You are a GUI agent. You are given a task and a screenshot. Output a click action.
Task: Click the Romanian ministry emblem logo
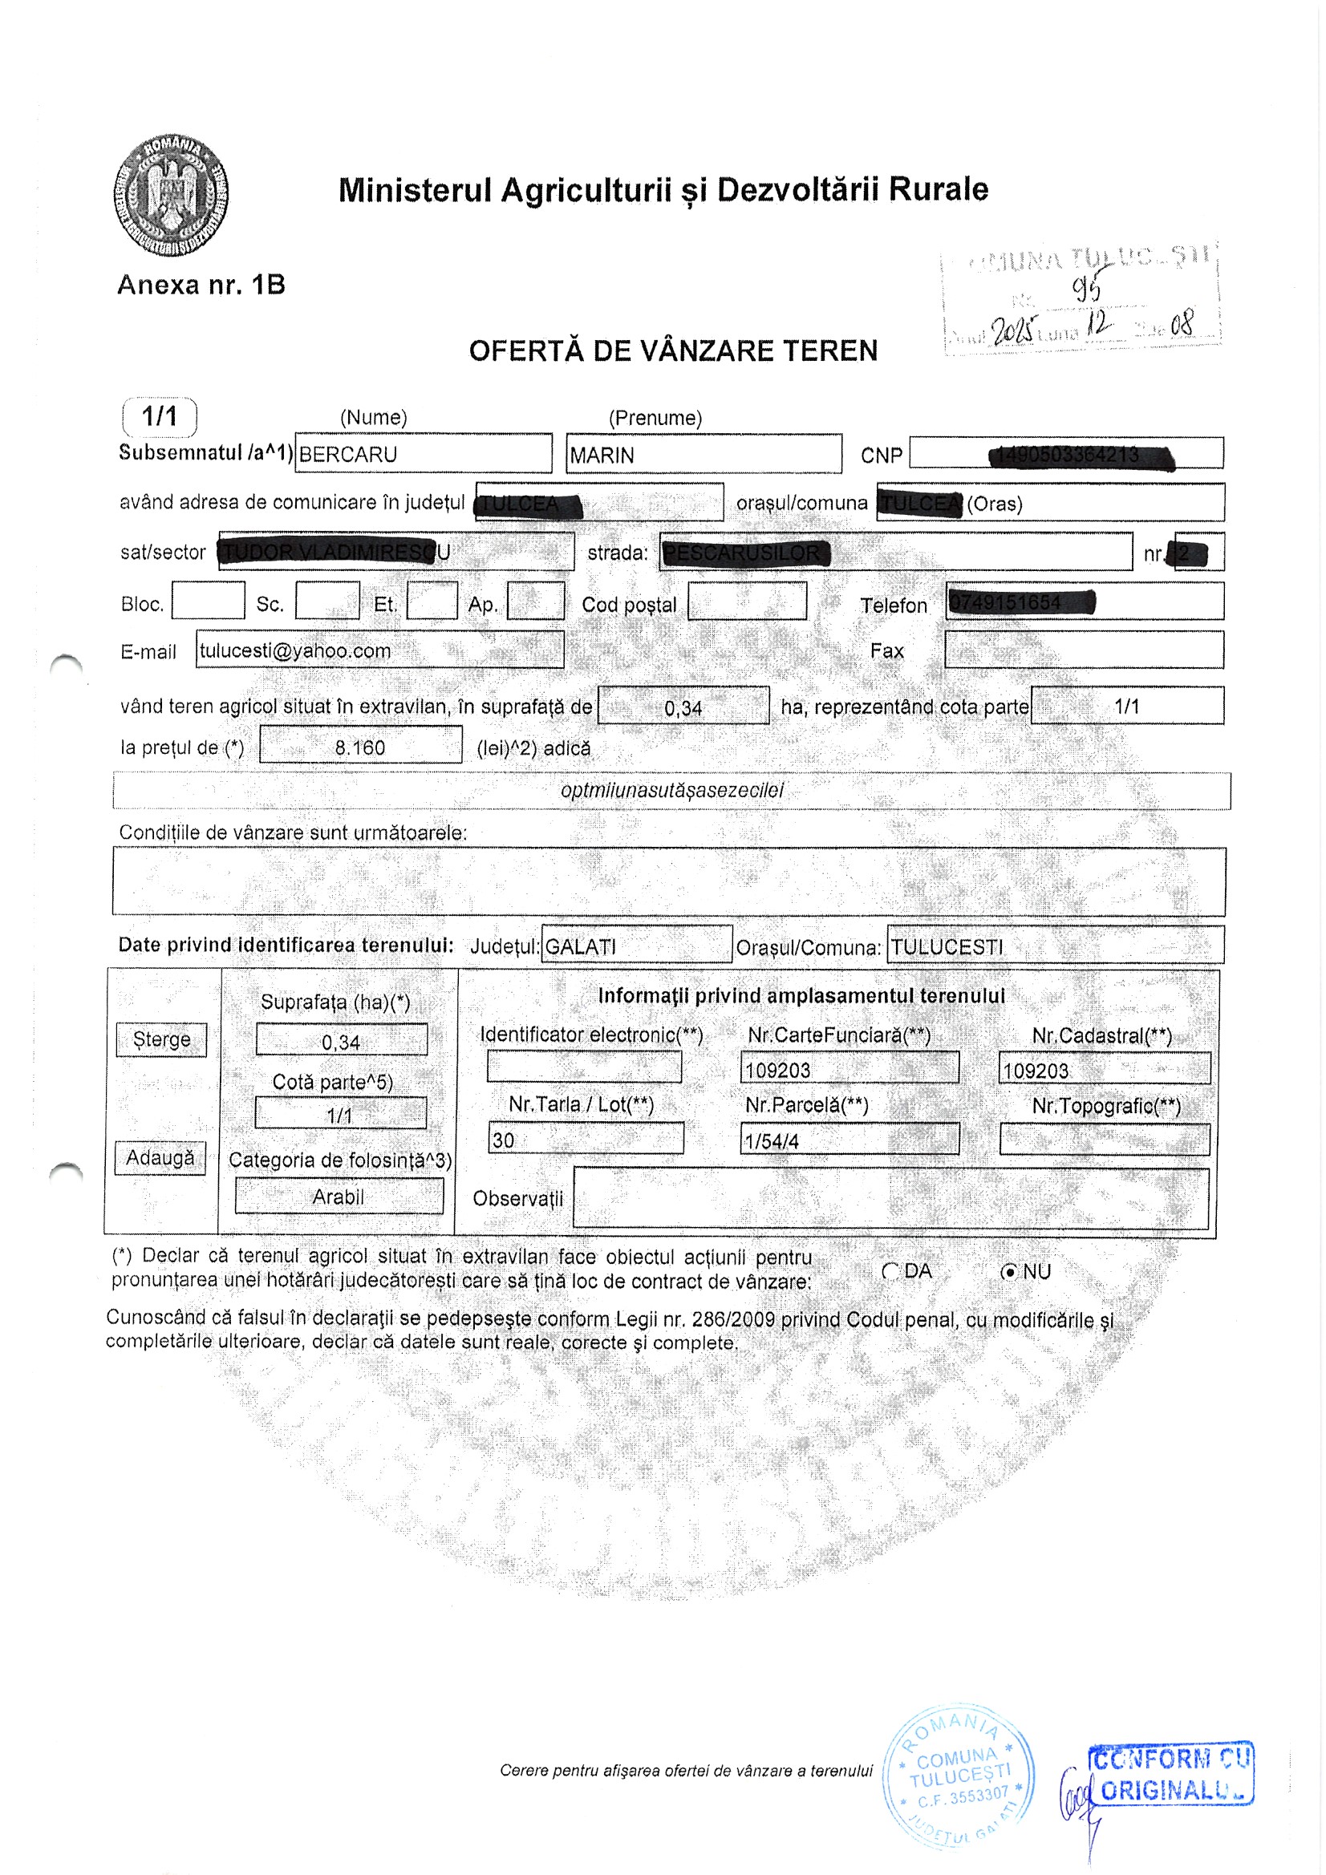point(171,196)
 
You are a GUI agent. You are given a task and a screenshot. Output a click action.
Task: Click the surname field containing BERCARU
point(423,454)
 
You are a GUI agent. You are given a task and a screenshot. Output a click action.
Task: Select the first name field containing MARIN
point(703,454)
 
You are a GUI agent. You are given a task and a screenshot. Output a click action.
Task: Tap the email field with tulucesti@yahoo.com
point(379,650)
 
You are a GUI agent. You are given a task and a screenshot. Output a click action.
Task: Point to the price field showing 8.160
point(360,746)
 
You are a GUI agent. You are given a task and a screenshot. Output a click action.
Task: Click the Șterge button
point(161,1039)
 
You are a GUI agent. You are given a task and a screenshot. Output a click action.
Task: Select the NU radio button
point(1011,1271)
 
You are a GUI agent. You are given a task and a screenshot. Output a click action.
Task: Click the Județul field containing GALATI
point(636,946)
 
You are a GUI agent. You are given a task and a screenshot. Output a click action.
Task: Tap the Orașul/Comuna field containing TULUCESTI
point(1055,946)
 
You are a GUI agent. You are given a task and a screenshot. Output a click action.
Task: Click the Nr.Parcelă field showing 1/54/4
point(849,1140)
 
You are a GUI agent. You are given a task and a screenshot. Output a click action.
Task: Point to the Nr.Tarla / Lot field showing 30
point(586,1139)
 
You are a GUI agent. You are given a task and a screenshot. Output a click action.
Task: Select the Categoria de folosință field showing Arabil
point(339,1197)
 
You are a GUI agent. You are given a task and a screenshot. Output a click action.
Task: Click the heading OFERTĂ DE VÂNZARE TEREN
point(672,351)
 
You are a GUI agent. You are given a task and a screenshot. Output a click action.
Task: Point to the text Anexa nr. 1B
point(201,285)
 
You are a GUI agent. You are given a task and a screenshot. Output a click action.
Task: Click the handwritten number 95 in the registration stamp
point(1088,287)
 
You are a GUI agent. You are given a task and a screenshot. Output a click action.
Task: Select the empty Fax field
point(1084,650)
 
